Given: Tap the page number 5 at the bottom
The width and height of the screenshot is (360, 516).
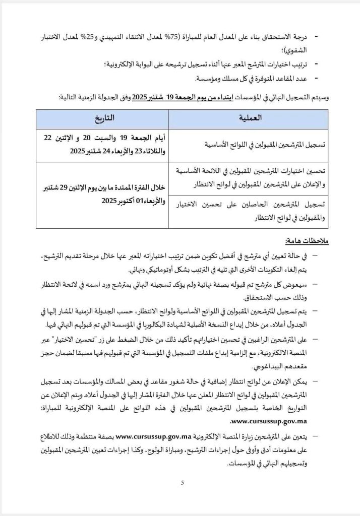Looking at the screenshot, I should click(x=182, y=483).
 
